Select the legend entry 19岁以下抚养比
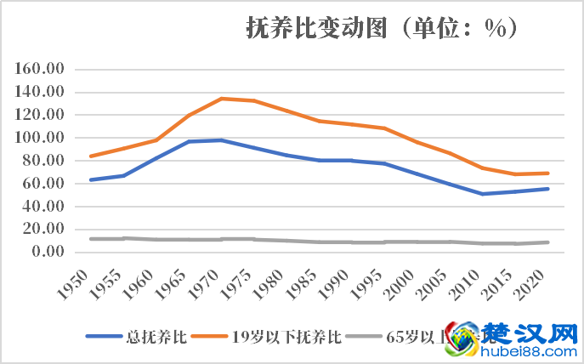click(286, 337)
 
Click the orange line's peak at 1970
click(221, 99)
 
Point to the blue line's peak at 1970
click(221, 139)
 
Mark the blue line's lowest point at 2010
click(482, 194)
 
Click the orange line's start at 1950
click(90, 156)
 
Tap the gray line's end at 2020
click(548, 242)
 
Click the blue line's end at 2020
click(548, 189)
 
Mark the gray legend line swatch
click(366, 337)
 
